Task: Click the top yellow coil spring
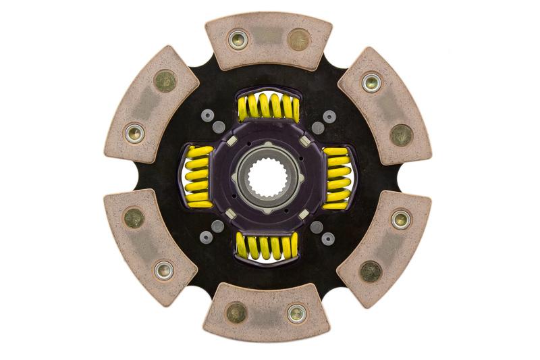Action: (x=268, y=108)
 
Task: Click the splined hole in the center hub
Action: (x=268, y=178)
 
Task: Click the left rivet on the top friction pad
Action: (x=238, y=38)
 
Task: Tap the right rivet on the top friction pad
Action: (x=298, y=40)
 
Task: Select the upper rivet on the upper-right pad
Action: (x=371, y=82)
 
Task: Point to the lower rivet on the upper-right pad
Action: (x=401, y=135)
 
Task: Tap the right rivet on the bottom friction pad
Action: (x=297, y=313)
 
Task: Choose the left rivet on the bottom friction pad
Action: (x=236, y=313)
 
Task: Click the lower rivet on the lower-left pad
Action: (x=164, y=270)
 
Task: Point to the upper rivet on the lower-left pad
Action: (x=134, y=218)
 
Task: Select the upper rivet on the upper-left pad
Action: (x=165, y=82)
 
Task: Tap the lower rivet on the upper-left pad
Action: (x=135, y=133)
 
